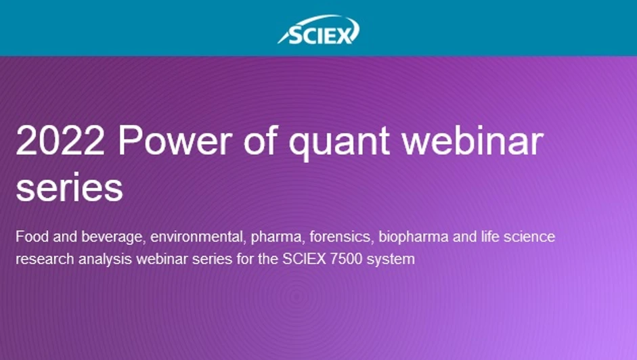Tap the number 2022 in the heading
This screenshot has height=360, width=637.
tap(60, 141)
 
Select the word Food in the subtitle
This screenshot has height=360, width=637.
tap(30, 238)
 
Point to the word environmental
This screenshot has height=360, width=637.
tap(197, 238)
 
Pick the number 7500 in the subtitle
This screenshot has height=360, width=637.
tap(343, 258)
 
